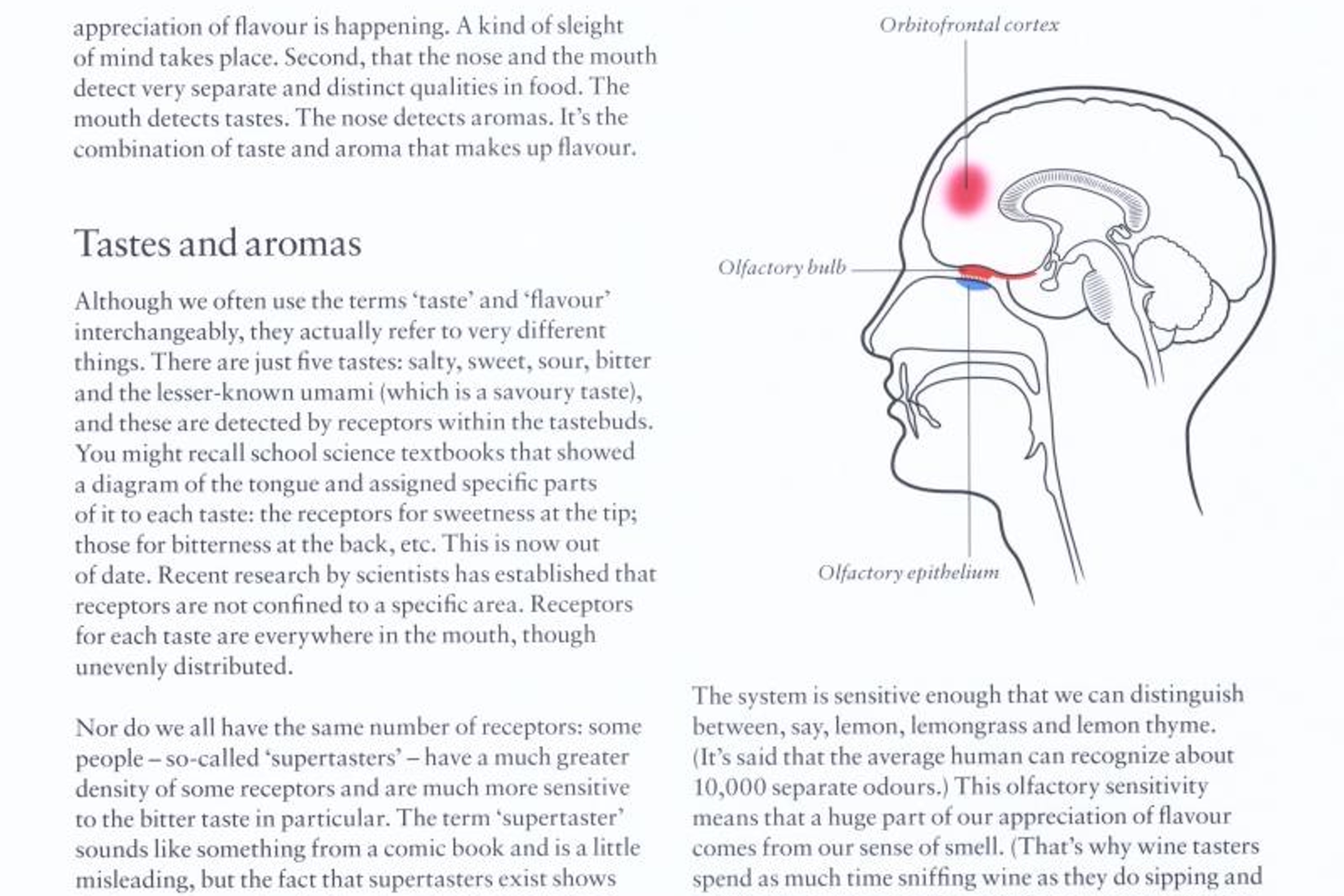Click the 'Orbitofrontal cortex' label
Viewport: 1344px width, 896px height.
969,25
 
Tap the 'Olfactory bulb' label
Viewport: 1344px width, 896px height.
781,267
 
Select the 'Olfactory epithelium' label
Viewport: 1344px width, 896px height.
909,573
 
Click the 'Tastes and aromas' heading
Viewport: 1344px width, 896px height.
218,243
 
